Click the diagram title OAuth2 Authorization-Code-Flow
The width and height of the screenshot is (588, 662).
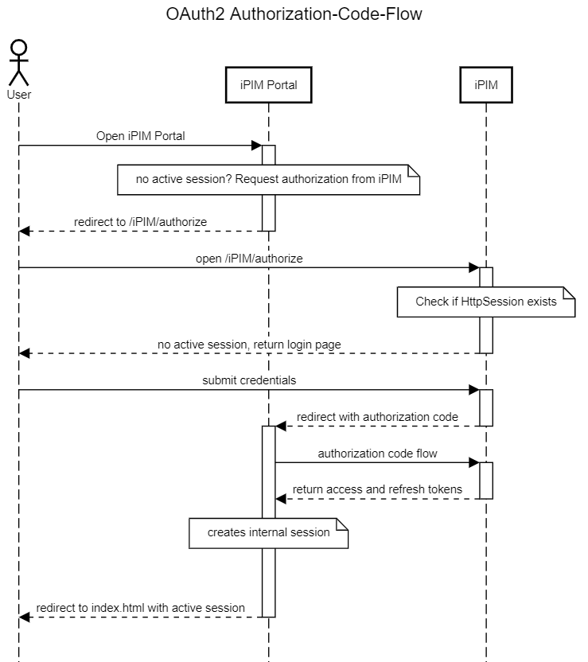[294, 14]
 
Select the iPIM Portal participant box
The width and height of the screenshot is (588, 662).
[268, 85]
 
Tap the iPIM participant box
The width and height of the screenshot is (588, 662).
[485, 85]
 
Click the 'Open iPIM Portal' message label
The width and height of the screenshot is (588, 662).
[140, 136]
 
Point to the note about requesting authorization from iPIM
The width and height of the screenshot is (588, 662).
[268, 179]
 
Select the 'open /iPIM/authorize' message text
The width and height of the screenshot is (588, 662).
[248, 259]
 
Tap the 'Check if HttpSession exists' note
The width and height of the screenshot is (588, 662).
[485, 302]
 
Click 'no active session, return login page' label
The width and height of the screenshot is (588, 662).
[248, 344]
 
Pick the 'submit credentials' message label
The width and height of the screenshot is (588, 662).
[248, 380]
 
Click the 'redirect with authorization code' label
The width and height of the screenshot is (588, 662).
[377, 417]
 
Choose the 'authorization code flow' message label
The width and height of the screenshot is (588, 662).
[377, 454]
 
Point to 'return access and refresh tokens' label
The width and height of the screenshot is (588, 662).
[377, 489]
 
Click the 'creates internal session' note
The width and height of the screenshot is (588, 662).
[268, 532]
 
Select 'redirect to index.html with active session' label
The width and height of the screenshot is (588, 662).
[140, 608]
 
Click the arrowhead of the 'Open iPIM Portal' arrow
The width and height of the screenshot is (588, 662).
[256, 146]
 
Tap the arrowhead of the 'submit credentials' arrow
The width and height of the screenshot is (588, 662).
[473, 390]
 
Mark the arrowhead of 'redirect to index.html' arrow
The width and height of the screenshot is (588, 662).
[25, 617]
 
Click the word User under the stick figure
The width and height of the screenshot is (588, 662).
[18, 95]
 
